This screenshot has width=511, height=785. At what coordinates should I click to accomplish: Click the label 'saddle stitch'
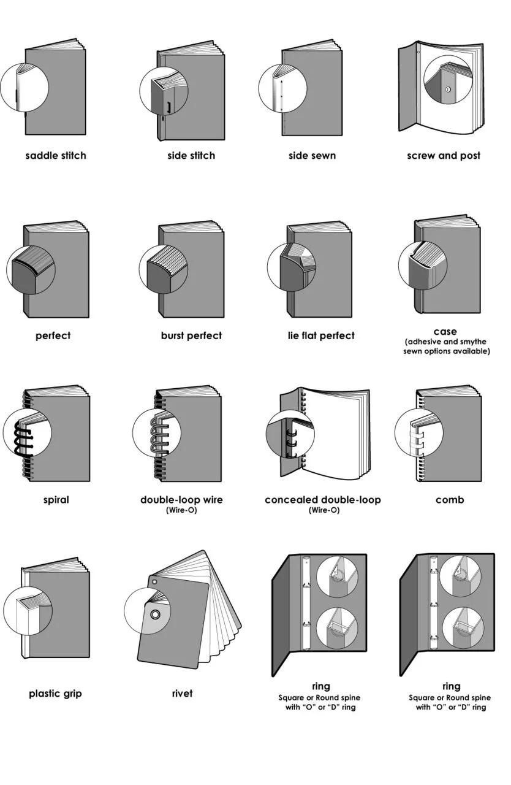[x=56, y=155]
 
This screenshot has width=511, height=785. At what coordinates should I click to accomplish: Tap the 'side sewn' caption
[x=312, y=155]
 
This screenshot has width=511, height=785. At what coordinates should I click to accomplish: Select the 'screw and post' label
[x=444, y=155]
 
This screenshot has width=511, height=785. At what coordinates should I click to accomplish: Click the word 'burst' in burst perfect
[x=173, y=335]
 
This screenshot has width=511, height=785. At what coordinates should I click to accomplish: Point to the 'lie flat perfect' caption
[x=321, y=335]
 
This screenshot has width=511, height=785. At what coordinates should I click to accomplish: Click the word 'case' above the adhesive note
[x=445, y=331]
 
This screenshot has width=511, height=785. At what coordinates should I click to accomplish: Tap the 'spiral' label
[x=56, y=500]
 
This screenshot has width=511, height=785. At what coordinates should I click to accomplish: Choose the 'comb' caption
[x=450, y=500]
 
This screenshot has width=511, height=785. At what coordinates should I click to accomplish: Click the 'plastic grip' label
[x=55, y=693]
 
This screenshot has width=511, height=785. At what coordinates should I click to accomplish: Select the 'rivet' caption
[x=182, y=693]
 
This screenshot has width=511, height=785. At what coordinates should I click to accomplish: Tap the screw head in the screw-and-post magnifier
[x=448, y=90]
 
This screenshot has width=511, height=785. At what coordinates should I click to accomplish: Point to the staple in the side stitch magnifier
[x=168, y=107]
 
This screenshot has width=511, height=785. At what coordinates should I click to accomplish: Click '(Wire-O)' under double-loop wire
[x=181, y=510]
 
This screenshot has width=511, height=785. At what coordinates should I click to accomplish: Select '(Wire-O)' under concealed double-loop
[x=324, y=510]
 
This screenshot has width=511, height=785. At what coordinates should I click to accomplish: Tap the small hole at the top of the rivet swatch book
[x=154, y=582]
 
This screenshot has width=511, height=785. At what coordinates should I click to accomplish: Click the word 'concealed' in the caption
[x=291, y=500]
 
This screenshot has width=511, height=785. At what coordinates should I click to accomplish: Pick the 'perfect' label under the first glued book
[x=53, y=335]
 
